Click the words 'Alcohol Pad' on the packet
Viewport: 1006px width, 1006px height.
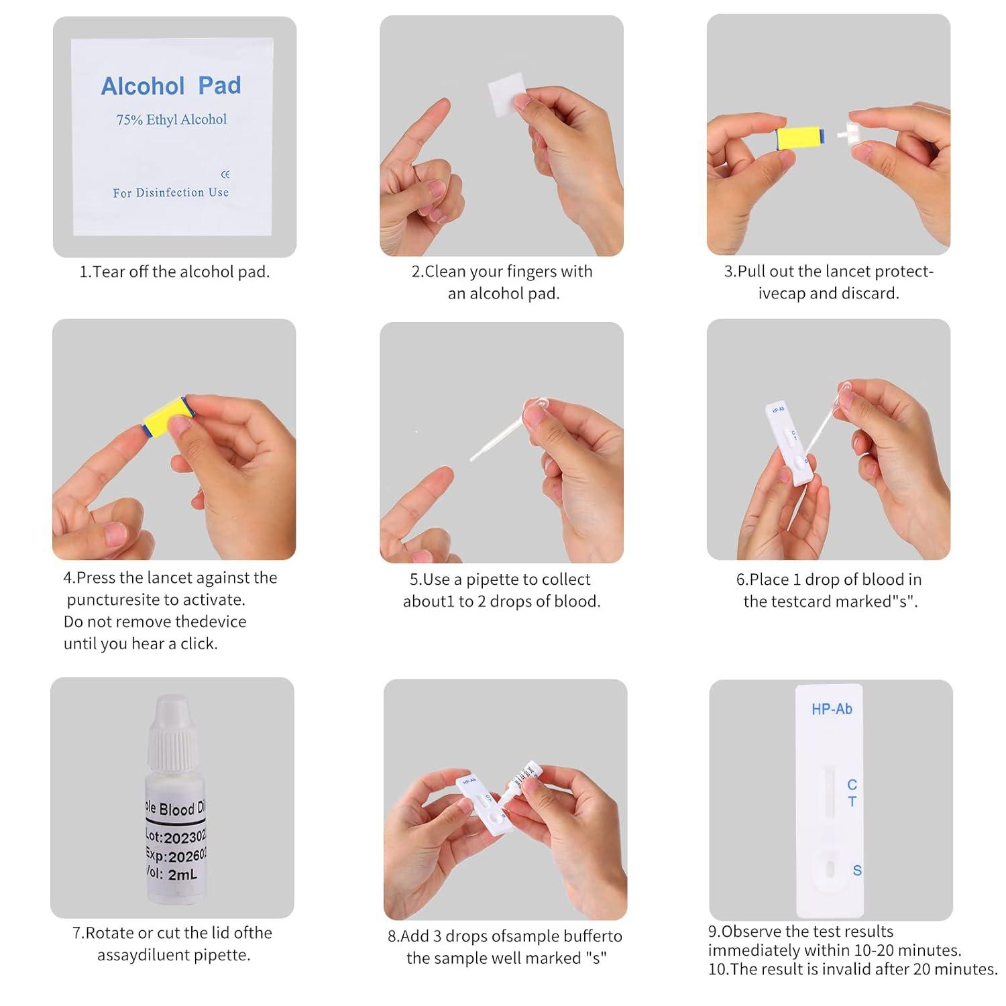[x=171, y=86]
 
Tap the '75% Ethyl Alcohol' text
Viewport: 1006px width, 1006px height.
[x=172, y=120]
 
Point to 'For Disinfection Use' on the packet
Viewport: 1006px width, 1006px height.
[x=170, y=192]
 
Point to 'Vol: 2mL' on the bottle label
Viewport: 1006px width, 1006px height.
[x=173, y=874]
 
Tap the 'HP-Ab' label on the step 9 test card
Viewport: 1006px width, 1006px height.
[x=832, y=709]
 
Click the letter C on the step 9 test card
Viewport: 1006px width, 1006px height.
[x=852, y=784]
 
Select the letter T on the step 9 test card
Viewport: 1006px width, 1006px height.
[x=852, y=801]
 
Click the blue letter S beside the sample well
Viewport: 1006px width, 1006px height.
[x=857, y=871]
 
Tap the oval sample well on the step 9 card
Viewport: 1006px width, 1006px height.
[x=830, y=869]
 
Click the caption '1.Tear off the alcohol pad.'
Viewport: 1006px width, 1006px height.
[x=174, y=272]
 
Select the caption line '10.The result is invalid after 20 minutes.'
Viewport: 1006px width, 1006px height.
[x=853, y=969]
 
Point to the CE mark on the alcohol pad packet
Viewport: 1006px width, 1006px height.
[x=225, y=174]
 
